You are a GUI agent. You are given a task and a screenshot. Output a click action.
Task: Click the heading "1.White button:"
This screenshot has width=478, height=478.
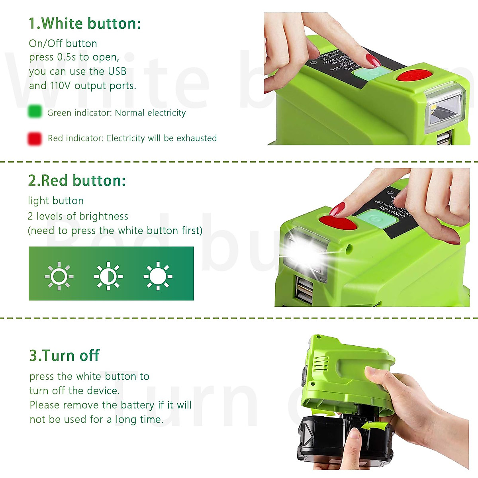[84, 24]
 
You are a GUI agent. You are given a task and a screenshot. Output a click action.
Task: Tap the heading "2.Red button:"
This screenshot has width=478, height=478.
[77, 181]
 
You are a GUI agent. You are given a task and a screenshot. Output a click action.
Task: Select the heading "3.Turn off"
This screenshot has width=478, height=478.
[64, 355]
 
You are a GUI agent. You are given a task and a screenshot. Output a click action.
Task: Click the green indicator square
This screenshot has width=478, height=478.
[35, 112]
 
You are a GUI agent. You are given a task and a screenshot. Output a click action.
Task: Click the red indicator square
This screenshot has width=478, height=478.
[35, 139]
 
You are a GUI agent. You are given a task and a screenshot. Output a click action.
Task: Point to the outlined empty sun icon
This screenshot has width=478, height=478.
[59, 276]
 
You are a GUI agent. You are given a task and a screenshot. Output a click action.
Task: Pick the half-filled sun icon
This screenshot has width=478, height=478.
[108, 276]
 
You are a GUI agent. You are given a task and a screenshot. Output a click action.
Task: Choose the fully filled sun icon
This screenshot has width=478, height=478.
[158, 276]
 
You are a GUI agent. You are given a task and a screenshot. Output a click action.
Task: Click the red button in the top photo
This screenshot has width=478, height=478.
[414, 75]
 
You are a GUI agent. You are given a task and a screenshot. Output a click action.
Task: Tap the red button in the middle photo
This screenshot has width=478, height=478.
[338, 222]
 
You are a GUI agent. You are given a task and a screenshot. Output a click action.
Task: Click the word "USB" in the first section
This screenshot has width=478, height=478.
[117, 71]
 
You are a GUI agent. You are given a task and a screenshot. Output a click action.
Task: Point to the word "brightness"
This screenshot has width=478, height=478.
[104, 216]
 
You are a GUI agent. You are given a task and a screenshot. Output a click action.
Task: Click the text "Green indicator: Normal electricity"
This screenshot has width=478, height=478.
[116, 113]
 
